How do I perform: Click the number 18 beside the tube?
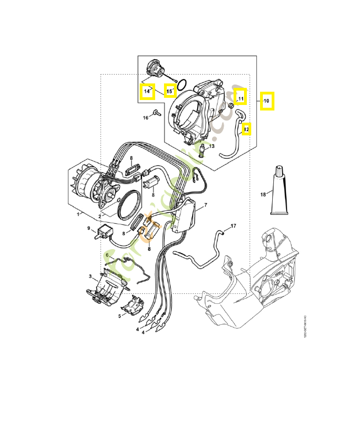[263, 194]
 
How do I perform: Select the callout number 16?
[146, 117]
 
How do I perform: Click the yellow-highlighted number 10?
[267, 101]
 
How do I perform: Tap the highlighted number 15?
[171, 90]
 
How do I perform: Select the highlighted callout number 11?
[240, 98]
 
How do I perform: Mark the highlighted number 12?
[246, 129]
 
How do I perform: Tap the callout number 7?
[205, 206]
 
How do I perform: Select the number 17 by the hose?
[233, 226]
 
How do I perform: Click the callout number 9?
[88, 228]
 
